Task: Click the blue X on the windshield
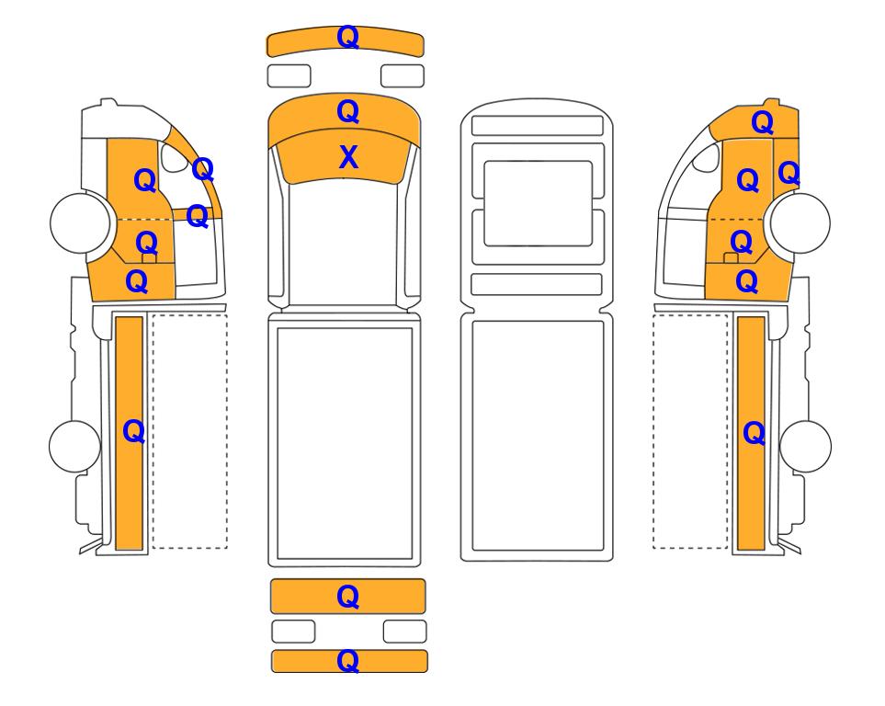[348, 157]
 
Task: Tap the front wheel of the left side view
[80, 222]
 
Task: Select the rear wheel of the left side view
[74, 446]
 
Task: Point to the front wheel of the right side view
[800, 222]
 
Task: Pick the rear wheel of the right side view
[805, 446]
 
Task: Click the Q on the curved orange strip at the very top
[347, 38]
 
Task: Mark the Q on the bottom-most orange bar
[347, 660]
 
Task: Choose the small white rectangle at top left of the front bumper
[289, 75]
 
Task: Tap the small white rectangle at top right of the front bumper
[403, 75]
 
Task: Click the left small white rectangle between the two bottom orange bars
[293, 632]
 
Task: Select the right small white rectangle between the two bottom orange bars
[405, 632]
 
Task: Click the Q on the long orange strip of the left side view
[134, 432]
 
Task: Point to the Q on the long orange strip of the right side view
[755, 434]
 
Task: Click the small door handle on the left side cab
[149, 258]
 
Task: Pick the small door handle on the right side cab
[731, 258]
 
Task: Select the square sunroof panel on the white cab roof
[538, 203]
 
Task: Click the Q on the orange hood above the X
[347, 112]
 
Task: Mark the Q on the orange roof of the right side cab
[762, 122]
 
